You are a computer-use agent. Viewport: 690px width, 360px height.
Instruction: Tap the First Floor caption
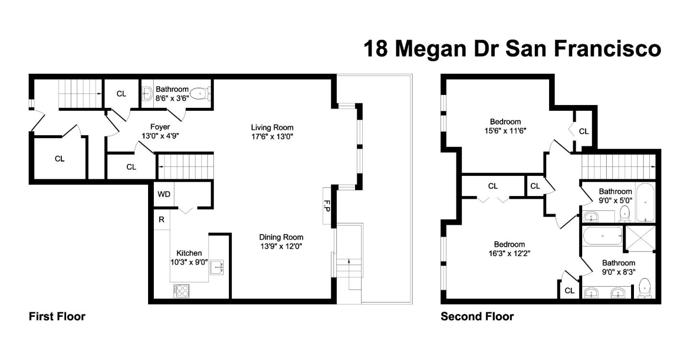click(x=57, y=316)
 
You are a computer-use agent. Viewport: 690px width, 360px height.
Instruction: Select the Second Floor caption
click(x=477, y=316)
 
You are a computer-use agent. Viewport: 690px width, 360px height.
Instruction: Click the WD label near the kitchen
click(x=164, y=195)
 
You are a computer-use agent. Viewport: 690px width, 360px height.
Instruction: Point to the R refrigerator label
click(x=162, y=220)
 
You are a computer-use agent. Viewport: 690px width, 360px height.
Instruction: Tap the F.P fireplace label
click(x=327, y=206)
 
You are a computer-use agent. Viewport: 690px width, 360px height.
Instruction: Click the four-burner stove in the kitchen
click(x=182, y=290)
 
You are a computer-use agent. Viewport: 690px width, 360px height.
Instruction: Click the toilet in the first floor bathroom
click(x=200, y=93)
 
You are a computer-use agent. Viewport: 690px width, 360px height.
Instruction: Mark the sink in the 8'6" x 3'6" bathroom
click(x=147, y=93)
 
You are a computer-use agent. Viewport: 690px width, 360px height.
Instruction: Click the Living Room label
click(x=272, y=128)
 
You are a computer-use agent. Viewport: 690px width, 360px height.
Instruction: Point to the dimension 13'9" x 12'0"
click(x=281, y=246)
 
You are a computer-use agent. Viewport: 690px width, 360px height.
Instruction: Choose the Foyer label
click(x=160, y=127)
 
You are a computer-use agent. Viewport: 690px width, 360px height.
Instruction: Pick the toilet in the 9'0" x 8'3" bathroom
click(x=645, y=289)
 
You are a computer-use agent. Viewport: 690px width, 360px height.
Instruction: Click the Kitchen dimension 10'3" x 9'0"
click(x=189, y=262)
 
